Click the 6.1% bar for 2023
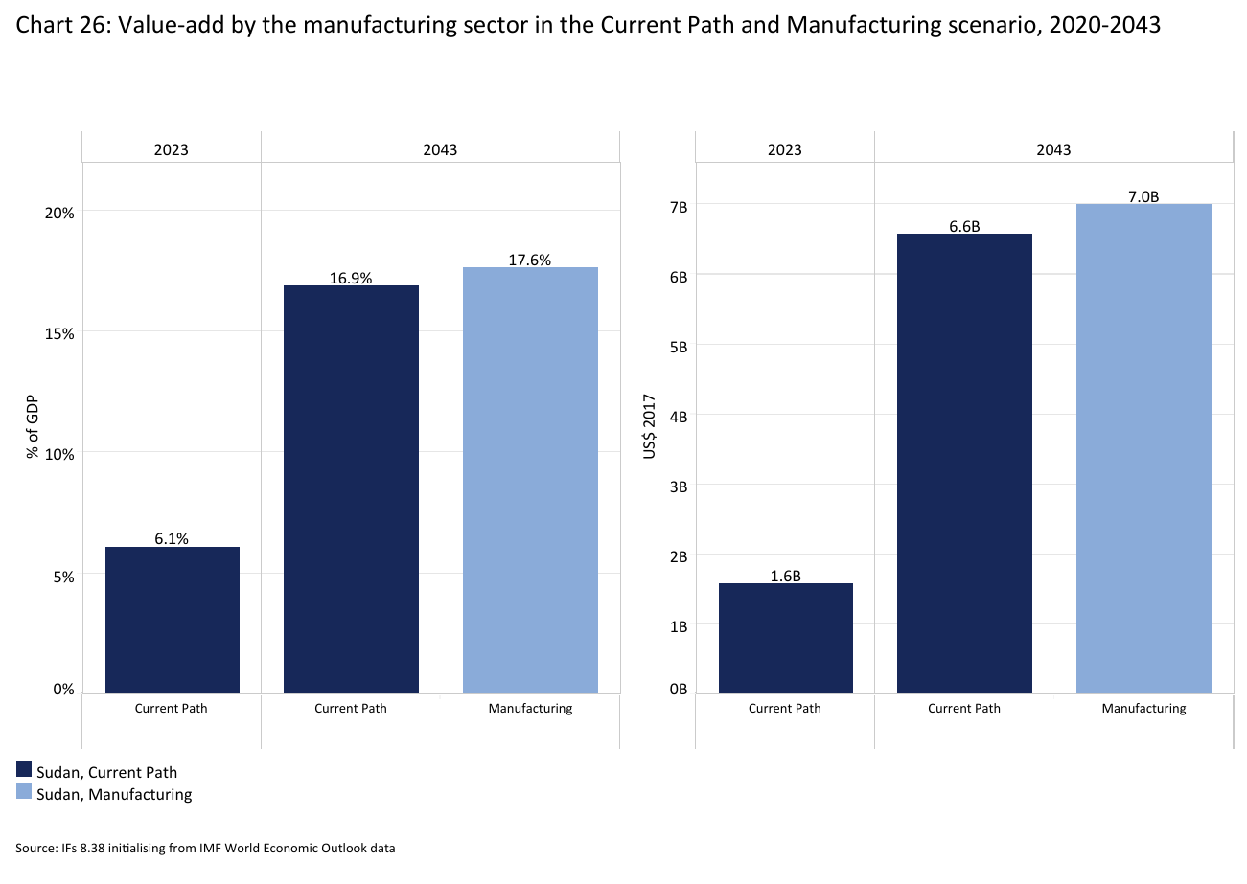pos(173,620)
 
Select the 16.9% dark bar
pos(351,488)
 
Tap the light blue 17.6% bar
pos(530,480)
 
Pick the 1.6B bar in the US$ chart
pos(785,638)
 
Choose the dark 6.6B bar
pos(964,464)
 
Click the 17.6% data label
pos(530,260)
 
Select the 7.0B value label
pos(1143,196)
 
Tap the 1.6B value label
pos(785,576)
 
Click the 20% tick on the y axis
pos(60,213)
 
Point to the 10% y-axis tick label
pos(60,454)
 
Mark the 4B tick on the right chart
pos(679,417)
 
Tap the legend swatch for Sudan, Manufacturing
pos(24,793)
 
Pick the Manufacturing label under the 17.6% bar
pos(530,709)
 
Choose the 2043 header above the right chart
pos(1053,149)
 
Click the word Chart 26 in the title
pos(55,26)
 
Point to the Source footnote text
pos(205,848)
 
